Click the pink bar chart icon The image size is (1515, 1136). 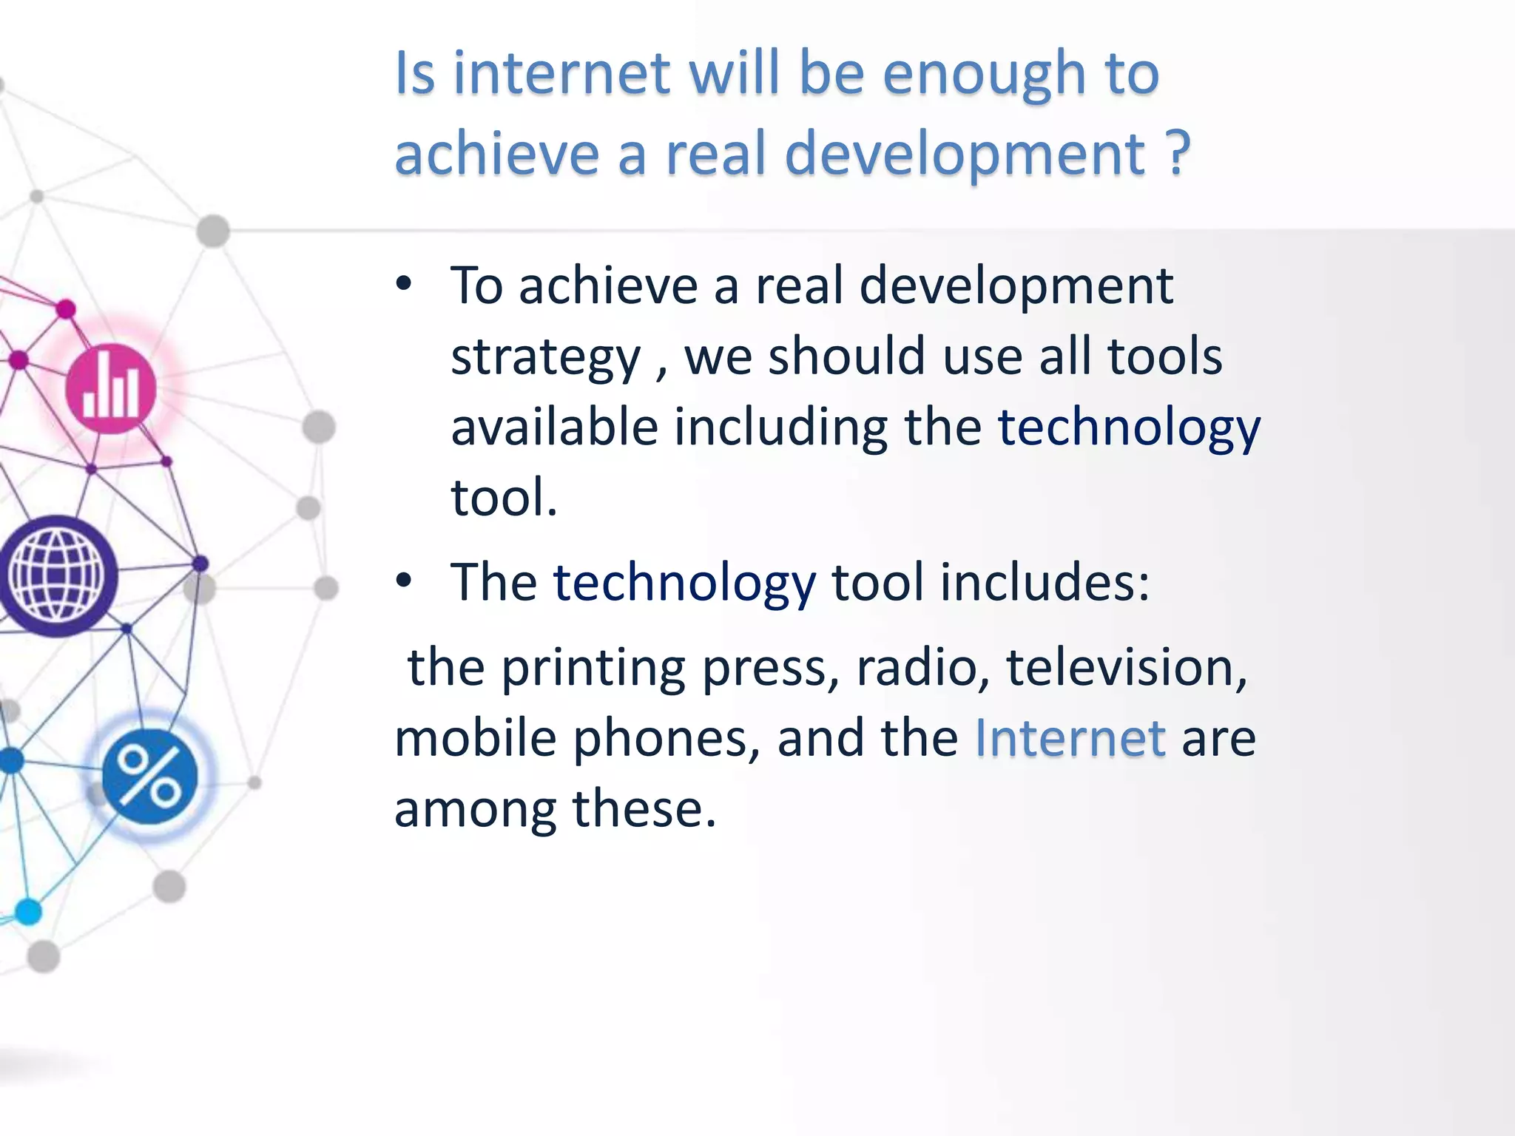(x=111, y=388)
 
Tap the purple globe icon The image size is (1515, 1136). (x=56, y=575)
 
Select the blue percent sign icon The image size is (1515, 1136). (x=149, y=776)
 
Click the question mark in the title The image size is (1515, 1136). (x=1176, y=153)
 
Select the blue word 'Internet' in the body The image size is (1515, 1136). (x=1070, y=737)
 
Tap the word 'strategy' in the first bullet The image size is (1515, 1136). (x=545, y=357)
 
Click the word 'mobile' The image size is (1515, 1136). (x=475, y=737)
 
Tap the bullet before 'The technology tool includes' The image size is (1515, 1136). (x=403, y=581)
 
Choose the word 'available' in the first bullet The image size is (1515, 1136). (x=554, y=427)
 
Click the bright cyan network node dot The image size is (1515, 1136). (x=28, y=911)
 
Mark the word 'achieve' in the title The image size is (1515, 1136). (x=496, y=153)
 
